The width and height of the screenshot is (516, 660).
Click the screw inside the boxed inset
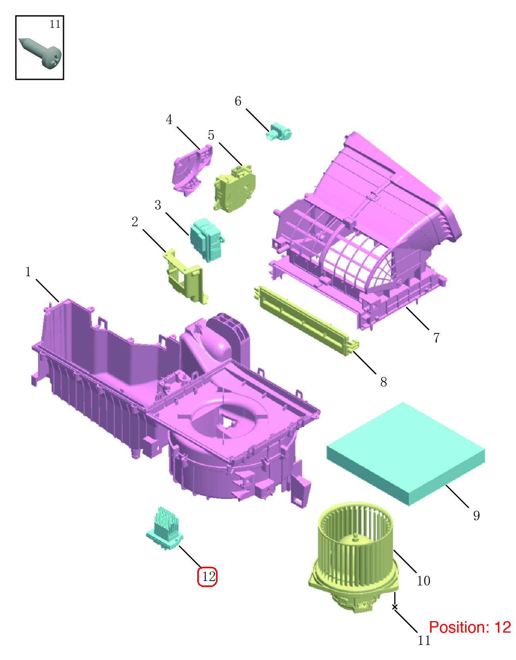pos(41,54)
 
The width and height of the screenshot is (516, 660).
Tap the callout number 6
pos(238,101)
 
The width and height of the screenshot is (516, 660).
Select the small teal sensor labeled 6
pos(279,131)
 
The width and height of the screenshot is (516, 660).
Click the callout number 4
pos(169,119)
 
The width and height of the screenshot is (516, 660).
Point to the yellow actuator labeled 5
pos(235,188)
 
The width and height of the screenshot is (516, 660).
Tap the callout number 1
pos(28,272)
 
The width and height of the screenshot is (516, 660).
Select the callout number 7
pos(436,338)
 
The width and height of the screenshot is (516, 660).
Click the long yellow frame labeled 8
pos(306,320)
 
